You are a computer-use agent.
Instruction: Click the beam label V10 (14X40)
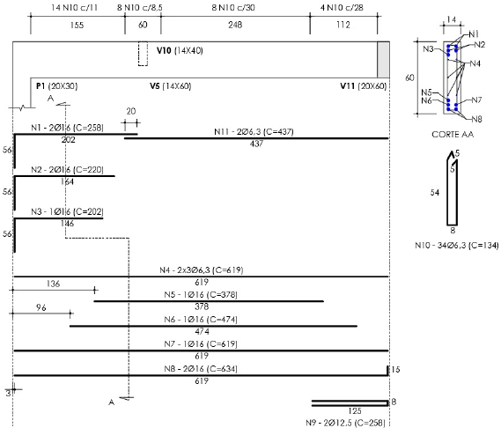tap(180, 50)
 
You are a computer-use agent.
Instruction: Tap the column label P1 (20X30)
tap(57, 86)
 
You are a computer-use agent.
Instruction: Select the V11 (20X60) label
tap(364, 86)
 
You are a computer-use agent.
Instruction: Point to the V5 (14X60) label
tap(170, 86)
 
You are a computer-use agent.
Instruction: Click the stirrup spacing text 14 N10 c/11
tap(74, 7)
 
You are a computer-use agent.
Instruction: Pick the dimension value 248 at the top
tap(235, 25)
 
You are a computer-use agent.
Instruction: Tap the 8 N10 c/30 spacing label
tap(233, 7)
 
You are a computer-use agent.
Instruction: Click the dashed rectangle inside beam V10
tap(143, 54)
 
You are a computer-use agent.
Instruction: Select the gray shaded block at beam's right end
tap(383, 60)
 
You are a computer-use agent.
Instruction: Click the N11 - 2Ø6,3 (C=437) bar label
tap(254, 131)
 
